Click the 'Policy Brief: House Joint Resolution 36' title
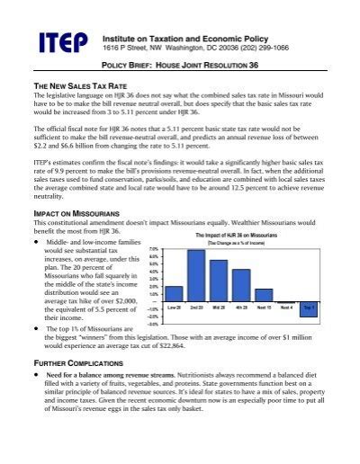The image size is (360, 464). coord(180,67)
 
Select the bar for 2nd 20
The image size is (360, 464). coord(195,275)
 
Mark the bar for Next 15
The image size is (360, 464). coord(263,294)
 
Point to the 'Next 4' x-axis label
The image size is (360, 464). coord(285,307)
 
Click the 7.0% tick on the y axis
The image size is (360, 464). coord(154,249)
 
